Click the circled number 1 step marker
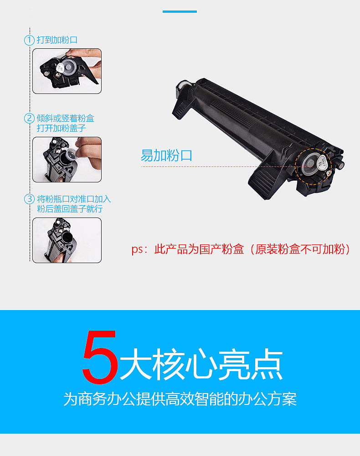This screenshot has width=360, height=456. point(29,40)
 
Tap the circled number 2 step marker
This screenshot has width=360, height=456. point(29,119)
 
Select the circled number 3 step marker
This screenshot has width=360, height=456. point(29,199)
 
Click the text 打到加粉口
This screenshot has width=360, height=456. point(57,40)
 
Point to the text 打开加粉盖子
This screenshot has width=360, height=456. point(62,128)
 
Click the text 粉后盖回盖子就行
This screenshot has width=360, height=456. point(70,209)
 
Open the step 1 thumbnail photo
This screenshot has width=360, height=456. point(67,71)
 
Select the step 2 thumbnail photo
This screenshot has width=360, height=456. point(67,160)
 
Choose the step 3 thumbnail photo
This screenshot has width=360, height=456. point(67,240)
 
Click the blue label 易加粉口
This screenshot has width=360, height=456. point(166,155)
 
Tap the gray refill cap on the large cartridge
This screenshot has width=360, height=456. point(311,162)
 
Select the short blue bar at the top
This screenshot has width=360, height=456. point(180,11)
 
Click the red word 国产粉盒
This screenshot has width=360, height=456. point(221,250)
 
